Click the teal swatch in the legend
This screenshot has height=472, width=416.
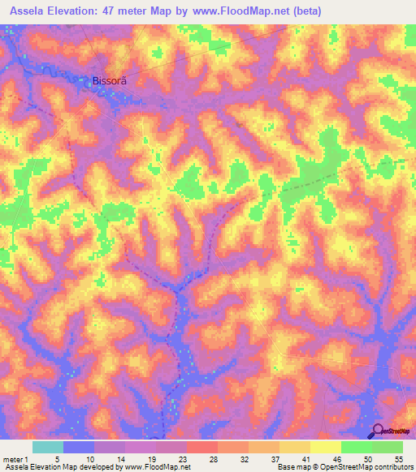click(48, 447)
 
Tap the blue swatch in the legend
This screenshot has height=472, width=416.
click(79, 447)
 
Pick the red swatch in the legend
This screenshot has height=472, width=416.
click(202, 447)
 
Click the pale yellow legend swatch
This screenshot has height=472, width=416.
click(326, 447)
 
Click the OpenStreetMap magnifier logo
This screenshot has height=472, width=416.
click(379, 431)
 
